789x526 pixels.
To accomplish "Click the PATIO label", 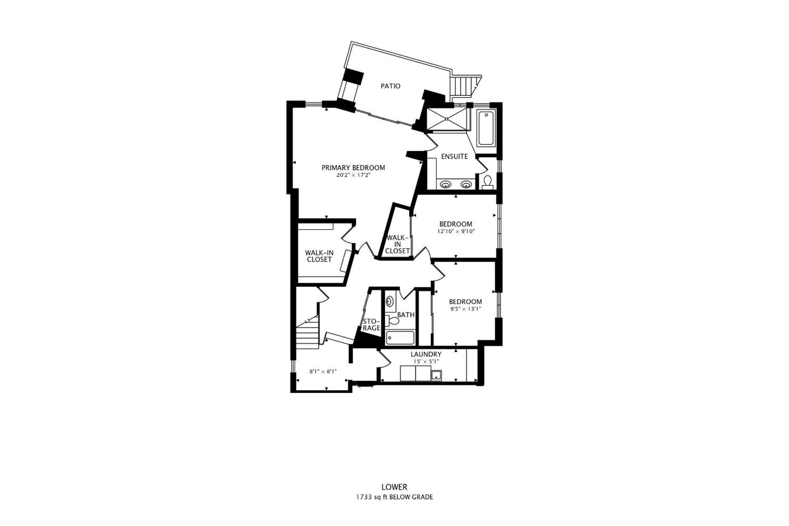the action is [x=390, y=86].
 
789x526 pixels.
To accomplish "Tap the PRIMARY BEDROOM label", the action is [x=353, y=168].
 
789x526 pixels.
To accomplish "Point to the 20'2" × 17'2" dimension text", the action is [x=353, y=175].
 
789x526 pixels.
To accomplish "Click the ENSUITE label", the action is [x=455, y=156].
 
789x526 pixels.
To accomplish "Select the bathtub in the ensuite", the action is [x=486, y=128].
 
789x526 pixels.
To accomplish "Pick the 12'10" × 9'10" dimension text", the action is [x=456, y=231].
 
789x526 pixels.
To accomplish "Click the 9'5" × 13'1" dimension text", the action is [x=466, y=309].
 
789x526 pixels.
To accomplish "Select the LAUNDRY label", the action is [x=426, y=354].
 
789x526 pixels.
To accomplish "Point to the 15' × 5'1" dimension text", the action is [x=426, y=361].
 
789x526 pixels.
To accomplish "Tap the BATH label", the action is [x=406, y=315].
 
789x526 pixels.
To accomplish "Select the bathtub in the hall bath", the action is [x=400, y=338].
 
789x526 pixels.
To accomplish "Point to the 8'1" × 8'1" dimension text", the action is [x=323, y=372].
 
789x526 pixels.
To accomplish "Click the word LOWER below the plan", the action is [x=394, y=487].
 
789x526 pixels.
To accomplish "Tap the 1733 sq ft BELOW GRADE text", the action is [x=394, y=497].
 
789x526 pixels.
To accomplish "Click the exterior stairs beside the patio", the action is [x=464, y=87].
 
